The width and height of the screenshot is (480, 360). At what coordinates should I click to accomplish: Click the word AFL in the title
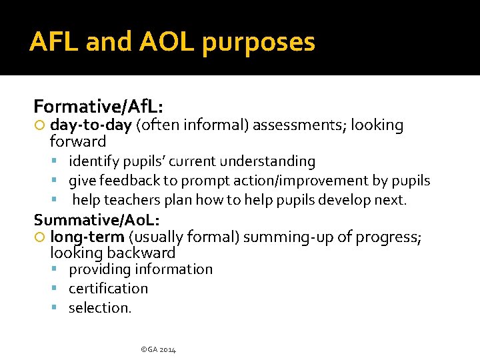coord(53,42)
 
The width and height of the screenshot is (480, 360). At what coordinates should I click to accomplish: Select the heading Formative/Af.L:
coord(99,107)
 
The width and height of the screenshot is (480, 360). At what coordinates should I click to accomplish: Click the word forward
coord(78,141)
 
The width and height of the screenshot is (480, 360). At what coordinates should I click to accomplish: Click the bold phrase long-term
coord(87,237)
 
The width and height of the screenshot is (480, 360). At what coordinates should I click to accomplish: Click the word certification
coord(108,289)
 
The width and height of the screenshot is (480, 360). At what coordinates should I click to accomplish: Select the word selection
coord(100,308)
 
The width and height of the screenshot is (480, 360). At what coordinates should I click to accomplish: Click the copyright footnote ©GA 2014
coord(158,349)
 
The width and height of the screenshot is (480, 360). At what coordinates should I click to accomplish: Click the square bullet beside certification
coord(60,289)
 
